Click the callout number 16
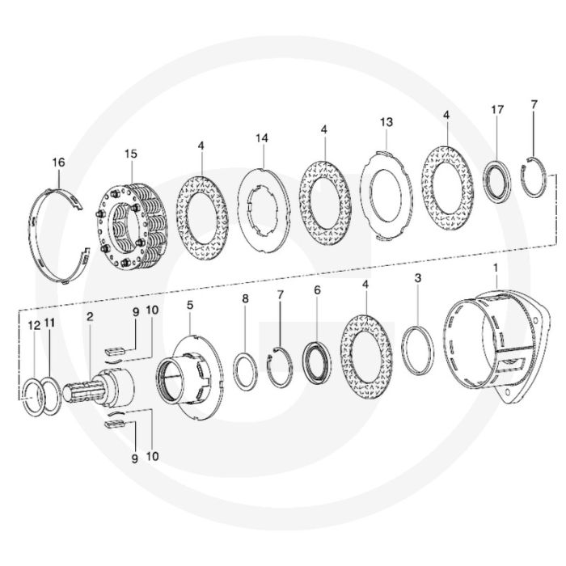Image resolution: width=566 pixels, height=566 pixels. tap(58, 163)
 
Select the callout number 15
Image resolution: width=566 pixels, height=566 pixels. tap(131, 154)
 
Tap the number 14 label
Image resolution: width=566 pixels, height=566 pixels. tap(262, 138)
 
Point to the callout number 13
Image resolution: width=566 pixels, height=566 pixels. tap(386, 122)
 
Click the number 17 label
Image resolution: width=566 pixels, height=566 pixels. tap(497, 110)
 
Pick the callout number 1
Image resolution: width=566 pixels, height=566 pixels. tap(496, 268)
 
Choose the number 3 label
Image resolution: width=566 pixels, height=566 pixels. tap(418, 278)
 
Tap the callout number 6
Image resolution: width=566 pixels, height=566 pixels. tap(317, 290)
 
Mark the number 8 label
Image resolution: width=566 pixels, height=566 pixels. tap(245, 298)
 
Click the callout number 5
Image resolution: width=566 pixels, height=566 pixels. tap(190, 305)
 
